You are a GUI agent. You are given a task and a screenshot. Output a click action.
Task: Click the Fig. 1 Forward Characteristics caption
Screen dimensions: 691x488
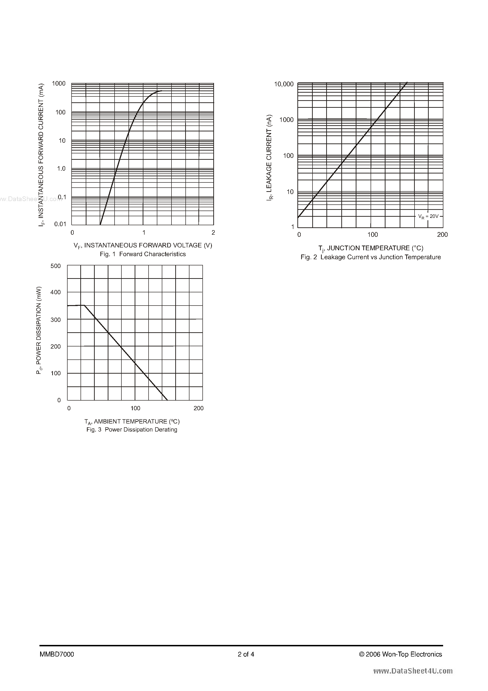(143, 254)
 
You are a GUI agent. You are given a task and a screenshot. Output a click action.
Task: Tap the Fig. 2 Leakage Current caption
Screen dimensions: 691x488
(371, 257)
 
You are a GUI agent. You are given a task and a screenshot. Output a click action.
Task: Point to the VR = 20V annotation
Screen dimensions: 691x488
(428, 216)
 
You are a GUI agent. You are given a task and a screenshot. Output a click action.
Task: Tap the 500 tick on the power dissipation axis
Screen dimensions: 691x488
(56, 266)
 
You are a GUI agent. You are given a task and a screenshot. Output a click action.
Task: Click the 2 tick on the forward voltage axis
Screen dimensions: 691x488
(213, 232)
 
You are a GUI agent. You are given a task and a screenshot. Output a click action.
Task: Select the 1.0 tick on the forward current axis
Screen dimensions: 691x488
(61, 168)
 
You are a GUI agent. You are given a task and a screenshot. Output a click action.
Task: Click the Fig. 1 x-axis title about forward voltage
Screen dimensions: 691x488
(143, 246)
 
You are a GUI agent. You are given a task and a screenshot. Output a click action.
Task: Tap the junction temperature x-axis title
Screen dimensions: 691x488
(371, 248)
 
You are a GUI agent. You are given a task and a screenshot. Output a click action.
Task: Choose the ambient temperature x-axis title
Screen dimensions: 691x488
(132, 421)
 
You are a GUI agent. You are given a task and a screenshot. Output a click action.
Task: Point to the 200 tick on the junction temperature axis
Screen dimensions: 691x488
(442, 234)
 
